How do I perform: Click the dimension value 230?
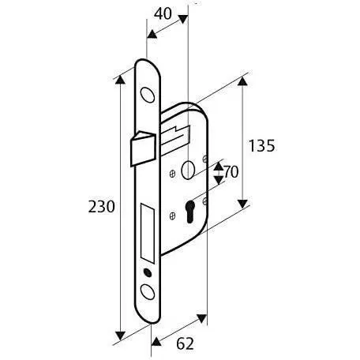click(x=102, y=207)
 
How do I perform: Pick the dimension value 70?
click(x=230, y=171)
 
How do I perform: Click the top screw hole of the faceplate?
click(x=148, y=95)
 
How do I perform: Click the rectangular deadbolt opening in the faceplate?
click(x=148, y=232)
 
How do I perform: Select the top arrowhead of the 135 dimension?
click(x=242, y=82)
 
